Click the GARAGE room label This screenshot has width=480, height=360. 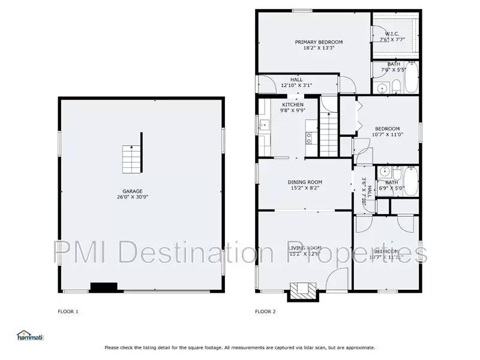point(133,191)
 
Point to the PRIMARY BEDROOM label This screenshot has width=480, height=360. point(319,42)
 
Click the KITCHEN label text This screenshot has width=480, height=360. point(293,105)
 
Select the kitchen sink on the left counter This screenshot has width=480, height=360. point(263,125)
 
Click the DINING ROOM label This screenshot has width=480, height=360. point(306,182)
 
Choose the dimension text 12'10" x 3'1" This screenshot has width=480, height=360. point(296,85)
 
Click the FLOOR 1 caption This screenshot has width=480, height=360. point(68,311)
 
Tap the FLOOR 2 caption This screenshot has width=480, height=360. point(265,311)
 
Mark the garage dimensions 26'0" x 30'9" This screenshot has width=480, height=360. point(133,197)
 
